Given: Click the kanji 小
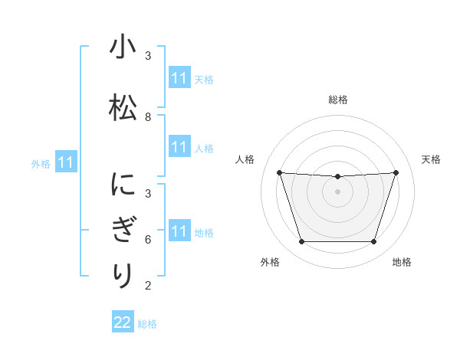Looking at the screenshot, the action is click(122, 47).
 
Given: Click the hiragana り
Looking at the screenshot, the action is click(122, 275).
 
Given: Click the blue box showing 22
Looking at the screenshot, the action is click(123, 322).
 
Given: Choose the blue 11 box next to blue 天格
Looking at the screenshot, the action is click(179, 78).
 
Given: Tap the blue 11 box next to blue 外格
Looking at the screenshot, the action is click(66, 162).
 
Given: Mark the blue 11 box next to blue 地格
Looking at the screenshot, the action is click(179, 231).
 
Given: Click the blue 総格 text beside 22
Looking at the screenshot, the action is click(147, 324).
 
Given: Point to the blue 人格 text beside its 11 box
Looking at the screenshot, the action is click(204, 148).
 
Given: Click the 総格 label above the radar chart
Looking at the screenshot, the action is click(337, 100).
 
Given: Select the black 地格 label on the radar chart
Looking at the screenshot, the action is click(402, 262).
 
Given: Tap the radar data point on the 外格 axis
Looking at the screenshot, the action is click(301, 241).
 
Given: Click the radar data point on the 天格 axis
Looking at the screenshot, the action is click(396, 172).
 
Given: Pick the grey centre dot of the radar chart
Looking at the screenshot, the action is click(337, 191).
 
